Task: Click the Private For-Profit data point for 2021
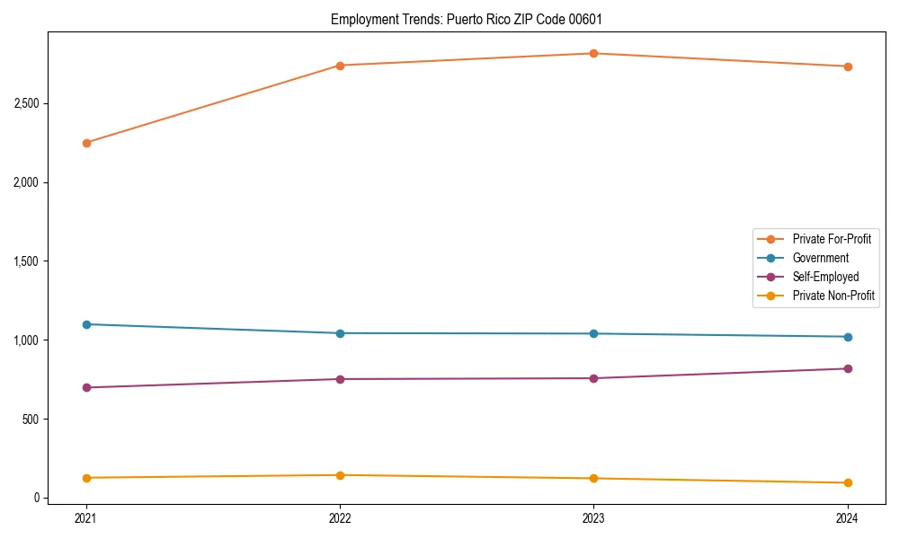pyautogui.click(x=86, y=143)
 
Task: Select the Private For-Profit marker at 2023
pyautogui.click(x=593, y=53)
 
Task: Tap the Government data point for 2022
pyautogui.click(x=340, y=333)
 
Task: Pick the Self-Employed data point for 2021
pyautogui.click(x=86, y=387)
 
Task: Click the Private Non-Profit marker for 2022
pyautogui.click(x=340, y=475)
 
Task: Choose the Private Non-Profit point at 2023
pyautogui.click(x=593, y=478)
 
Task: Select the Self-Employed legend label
pyautogui.click(x=825, y=277)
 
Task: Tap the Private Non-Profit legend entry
pyautogui.click(x=833, y=296)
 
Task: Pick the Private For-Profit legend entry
pyautogui.click(x=832, y=239)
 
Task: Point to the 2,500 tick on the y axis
pyautogui.click(x=26, y=103)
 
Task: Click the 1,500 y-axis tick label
pyautogui.click(x=26, y=261)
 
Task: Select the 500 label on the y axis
pyautogui.click(x=31, y=420)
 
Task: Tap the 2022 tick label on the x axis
pyautogui.click(x=340, y=517)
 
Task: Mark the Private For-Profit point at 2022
pyautogui.click(x=340, y=66)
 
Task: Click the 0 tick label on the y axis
pyautogui.click(x=37, y=498)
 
